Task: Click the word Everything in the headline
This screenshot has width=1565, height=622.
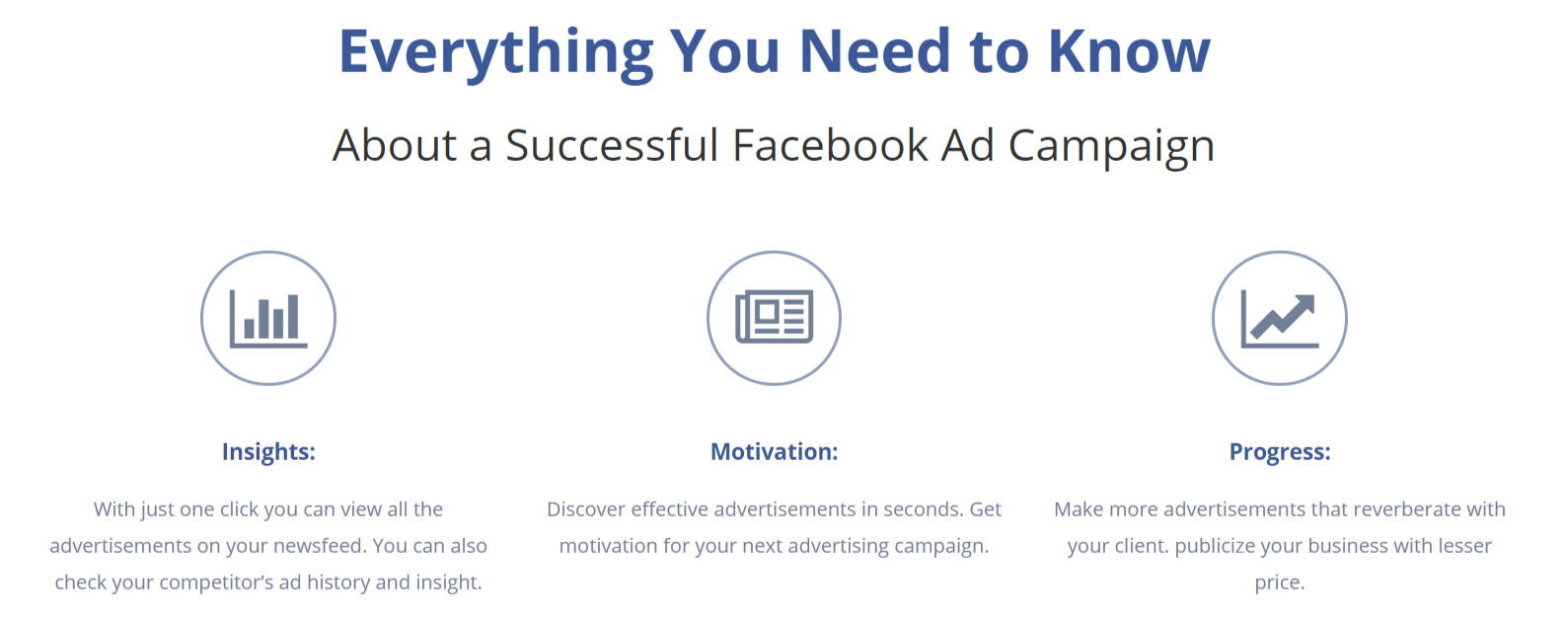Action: click(496, 53)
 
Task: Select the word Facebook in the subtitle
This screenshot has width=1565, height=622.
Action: click(830, 145)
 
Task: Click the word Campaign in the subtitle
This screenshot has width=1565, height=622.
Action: click(1111, 147)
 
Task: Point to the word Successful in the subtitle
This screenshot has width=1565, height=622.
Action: click(612, 145)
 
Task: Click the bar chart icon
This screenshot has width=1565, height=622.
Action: click(268, 319)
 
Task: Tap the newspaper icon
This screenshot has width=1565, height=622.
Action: click(775, 317)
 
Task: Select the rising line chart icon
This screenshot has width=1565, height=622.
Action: click(1280, 319)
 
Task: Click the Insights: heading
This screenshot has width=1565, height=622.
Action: click(269, 451)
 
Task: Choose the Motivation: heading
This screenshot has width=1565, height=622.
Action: click(775, 451)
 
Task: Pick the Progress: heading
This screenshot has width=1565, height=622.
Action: click(1280, 451)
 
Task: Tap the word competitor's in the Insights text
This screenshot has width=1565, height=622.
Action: click(216, 583)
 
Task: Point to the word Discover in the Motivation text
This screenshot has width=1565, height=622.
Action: click(585, 508)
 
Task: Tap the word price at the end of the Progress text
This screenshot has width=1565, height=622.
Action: click(1279, 583)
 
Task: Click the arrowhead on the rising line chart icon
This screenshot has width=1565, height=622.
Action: click(1304, 306)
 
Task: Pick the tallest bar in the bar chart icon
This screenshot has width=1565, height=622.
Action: click(292, 317)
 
